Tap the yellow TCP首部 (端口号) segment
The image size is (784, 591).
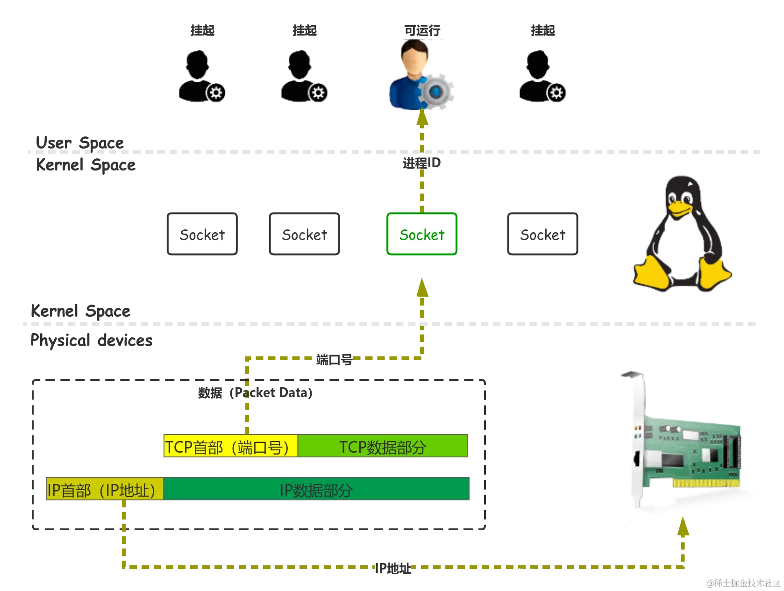[x=230, y=445]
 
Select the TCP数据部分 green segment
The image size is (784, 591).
[x=383, y=445]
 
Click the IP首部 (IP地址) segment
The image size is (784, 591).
[x=105, y=489]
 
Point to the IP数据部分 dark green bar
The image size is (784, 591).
[x=316, y=489]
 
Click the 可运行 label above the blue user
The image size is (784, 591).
[x=422, y=30]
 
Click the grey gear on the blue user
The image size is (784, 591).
[x=436, y=92]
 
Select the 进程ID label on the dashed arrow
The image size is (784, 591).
[x=421, y=163]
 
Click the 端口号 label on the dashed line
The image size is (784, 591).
[x=334, y=359]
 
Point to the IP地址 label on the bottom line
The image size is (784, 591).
[x=393, y=568]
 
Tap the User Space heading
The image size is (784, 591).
[x=79, y=142]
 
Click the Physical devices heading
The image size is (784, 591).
[x=92, y=340]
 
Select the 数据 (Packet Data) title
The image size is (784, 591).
[x=255, y=392]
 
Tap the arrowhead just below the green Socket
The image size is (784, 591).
[x=422, y=287]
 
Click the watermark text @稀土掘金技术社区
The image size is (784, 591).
[x=743, y=583]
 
